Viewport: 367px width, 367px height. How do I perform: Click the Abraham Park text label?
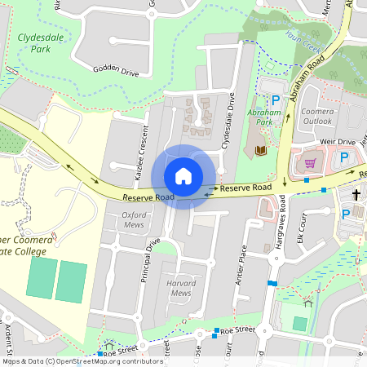(x=263, y=116)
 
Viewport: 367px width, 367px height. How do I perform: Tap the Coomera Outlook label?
(x=316, y=117)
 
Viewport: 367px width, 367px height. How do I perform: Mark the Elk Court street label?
(x=302, y=226)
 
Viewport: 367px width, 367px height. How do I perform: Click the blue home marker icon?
(x=183, y=175)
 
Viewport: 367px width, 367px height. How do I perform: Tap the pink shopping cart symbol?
(x=310, y=163)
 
